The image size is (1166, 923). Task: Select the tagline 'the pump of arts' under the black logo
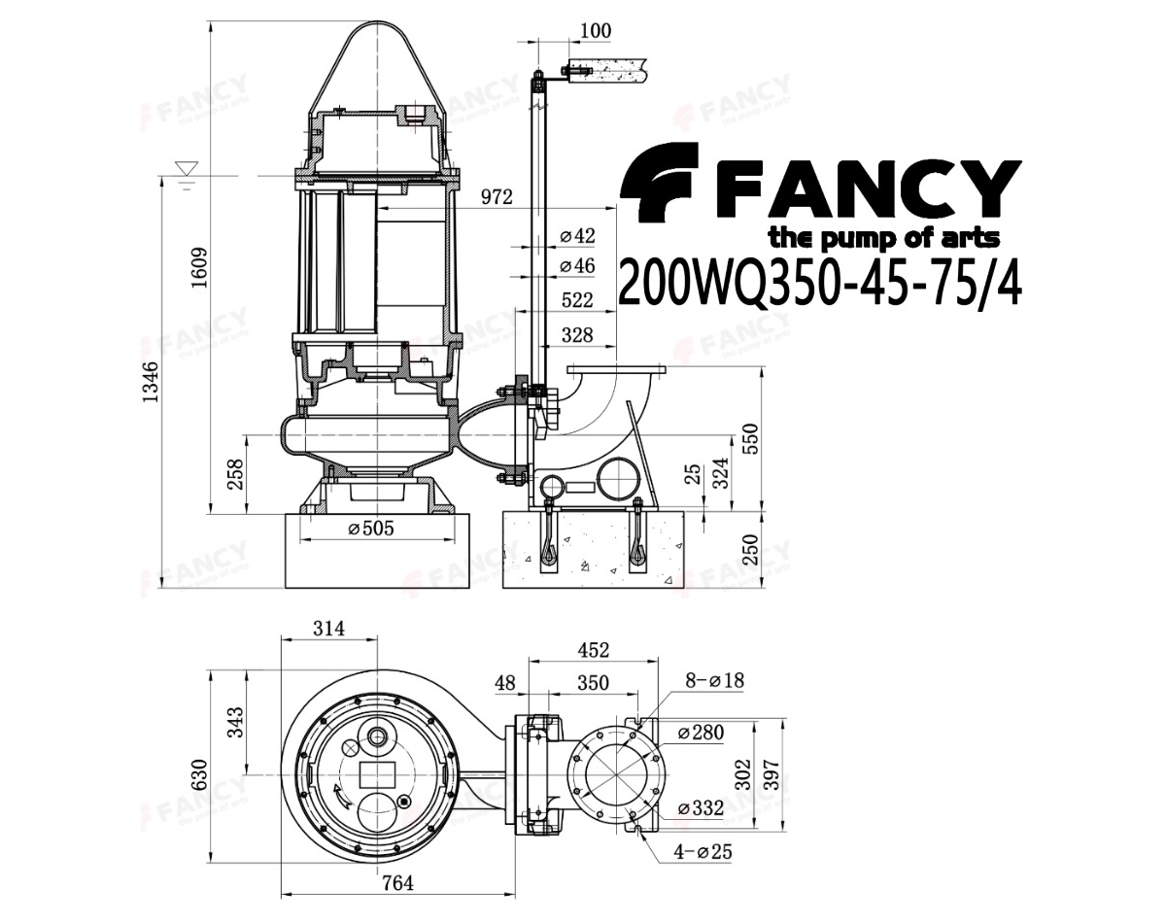(x=884, y=239)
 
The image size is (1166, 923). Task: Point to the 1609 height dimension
(x=199, y=267)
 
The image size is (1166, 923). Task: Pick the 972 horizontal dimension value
(x=497, y=196)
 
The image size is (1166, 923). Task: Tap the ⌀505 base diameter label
(x=371, y=528)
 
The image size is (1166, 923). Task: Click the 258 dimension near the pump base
(x=234, y=474)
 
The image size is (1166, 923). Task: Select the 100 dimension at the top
(x=596, y=31)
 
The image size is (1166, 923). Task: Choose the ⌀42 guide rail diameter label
(x=577, y=236)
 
